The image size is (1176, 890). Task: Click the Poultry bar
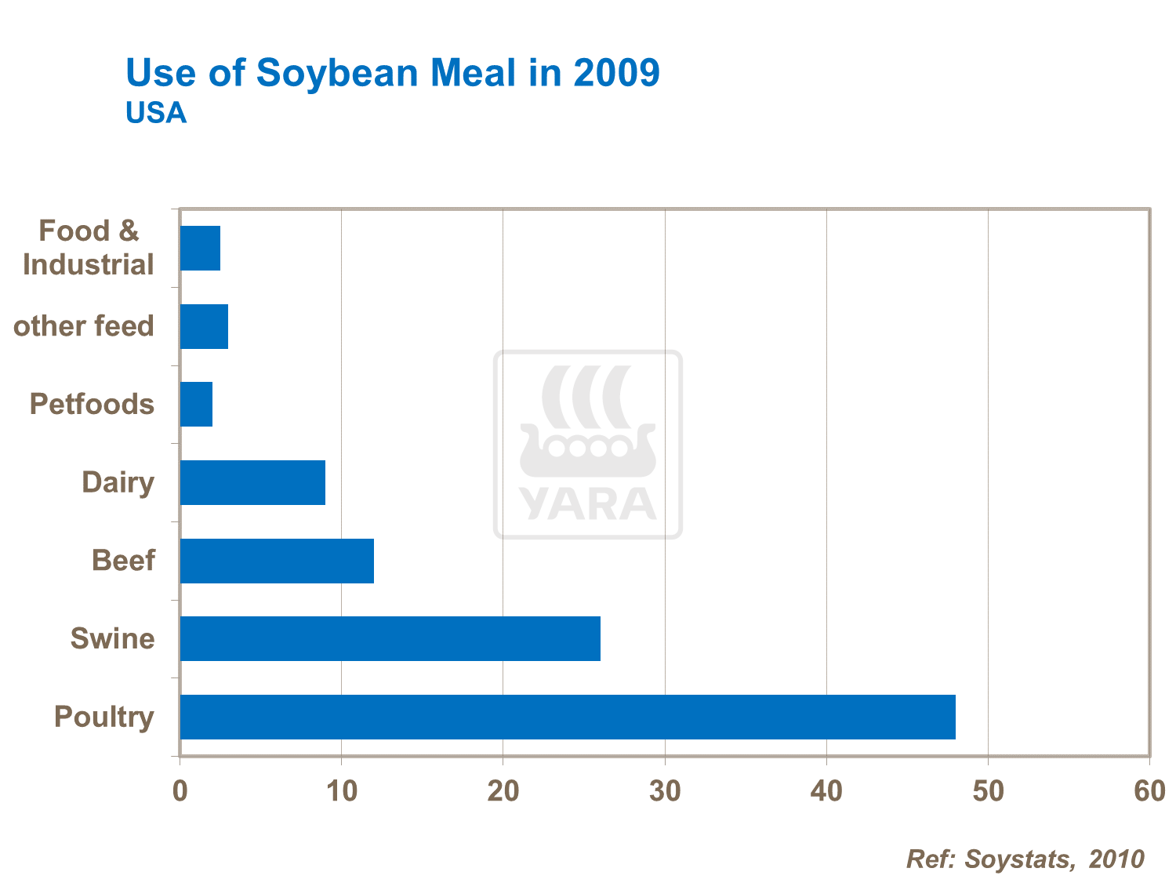coord(568,717)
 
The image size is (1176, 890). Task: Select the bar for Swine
coord(390,638)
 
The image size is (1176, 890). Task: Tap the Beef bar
coord(277,561)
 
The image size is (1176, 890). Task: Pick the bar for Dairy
coord(252,482)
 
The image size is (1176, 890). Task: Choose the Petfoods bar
coord(196,405)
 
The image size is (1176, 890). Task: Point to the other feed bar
coord(204,326)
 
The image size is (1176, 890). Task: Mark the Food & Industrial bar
coord(200,249)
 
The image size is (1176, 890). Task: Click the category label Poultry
coord(103,717)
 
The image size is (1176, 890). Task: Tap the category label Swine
coord(112,638)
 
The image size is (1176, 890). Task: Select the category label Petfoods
coord(92,405)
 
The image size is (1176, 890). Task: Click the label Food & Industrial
coord(89,248)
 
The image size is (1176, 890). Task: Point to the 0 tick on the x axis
coord(180,791)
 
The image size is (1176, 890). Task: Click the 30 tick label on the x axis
coord(665,791)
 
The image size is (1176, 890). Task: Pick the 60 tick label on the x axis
coord(1149,791)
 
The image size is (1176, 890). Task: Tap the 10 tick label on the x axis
coord(342,791)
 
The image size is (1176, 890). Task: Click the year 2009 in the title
coord(616,73)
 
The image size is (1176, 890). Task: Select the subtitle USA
coord(156,114)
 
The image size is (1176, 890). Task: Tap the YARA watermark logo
coord(588,445)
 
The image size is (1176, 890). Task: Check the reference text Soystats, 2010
coord(1054,859)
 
